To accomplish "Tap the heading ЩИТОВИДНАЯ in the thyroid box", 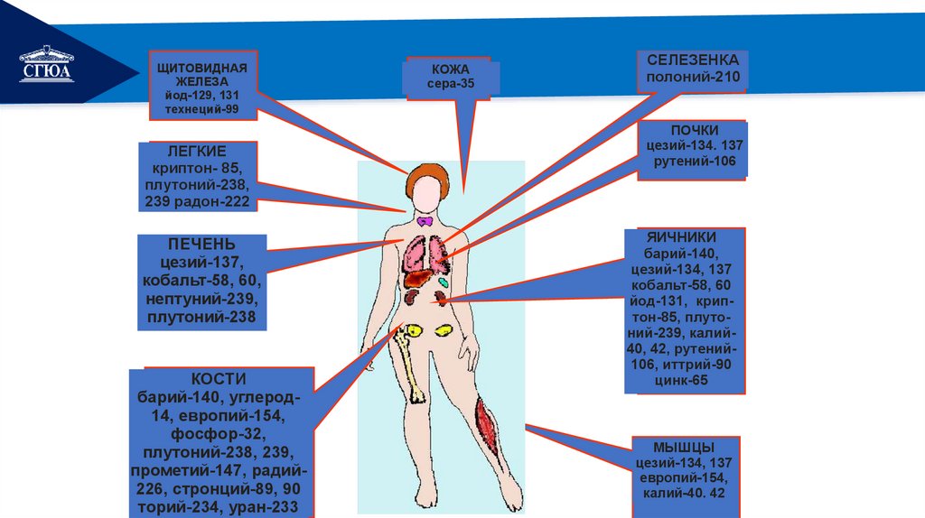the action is (x=201, y=68).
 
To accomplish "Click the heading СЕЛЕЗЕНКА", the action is (x=693, y=59).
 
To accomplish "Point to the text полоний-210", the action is (x=693, y=77).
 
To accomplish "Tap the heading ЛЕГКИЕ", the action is (x=199, y=151).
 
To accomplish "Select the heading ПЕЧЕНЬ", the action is (x=201, y=245).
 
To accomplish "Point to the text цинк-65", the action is (x=683, y=381).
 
